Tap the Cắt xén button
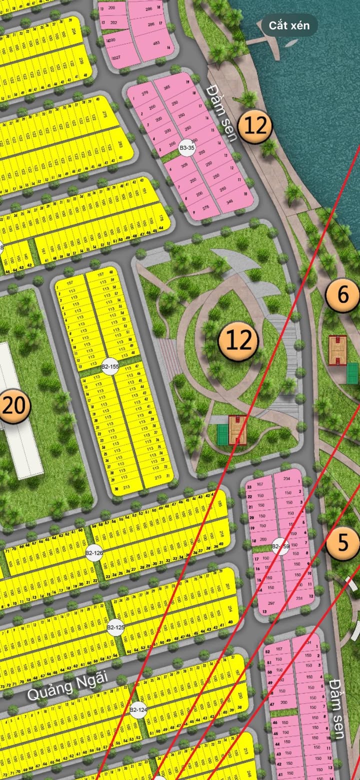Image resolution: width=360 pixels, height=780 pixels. pyautogui.click(x=289, y=25)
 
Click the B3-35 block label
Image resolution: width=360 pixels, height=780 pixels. pyautogui.click(x=186, y=147)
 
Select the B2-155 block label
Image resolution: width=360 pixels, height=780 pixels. pyautogui.click(x=110, y=366)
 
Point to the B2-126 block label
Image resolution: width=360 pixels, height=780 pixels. pyautogui.click(x=94, y=553)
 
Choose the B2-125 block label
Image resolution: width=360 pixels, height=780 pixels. pyautogui.click(x=115, y=626)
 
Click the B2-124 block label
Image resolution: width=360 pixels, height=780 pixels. pyautogui.click(x=138, y=709)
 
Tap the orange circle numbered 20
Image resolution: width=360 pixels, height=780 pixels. pyautogui.click(x=13, y=406)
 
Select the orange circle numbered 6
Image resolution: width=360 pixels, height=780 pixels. pyautogui.click(x=343, y=295)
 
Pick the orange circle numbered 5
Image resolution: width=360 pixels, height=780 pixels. pyautogui.click(x=343, y=543)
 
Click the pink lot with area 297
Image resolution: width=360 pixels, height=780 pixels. pyautogui.click(x=271, y=603)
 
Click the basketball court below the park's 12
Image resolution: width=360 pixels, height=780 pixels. pyautogui.click(x=237, y=430)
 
